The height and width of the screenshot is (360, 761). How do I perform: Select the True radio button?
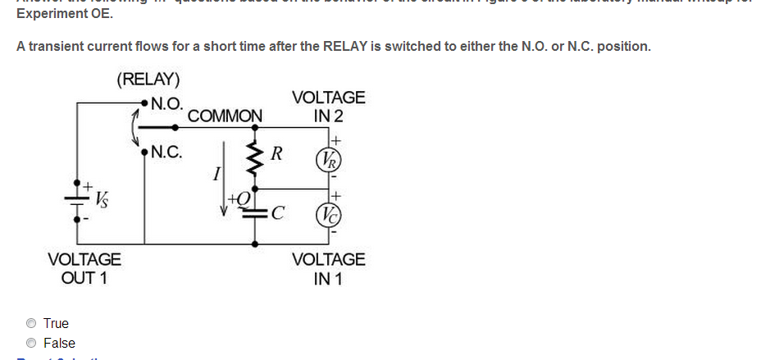31,323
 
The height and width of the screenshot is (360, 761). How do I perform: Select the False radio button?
31,343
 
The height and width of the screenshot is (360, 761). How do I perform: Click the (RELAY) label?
148,80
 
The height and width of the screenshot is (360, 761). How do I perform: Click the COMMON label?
225,116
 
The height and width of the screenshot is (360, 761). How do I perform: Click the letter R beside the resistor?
276,153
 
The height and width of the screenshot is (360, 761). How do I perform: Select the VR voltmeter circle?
331,158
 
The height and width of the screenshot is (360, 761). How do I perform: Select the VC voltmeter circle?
331,216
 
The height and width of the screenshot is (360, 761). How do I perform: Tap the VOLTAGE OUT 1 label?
84,268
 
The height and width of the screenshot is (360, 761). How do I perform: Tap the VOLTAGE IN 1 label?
328,268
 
